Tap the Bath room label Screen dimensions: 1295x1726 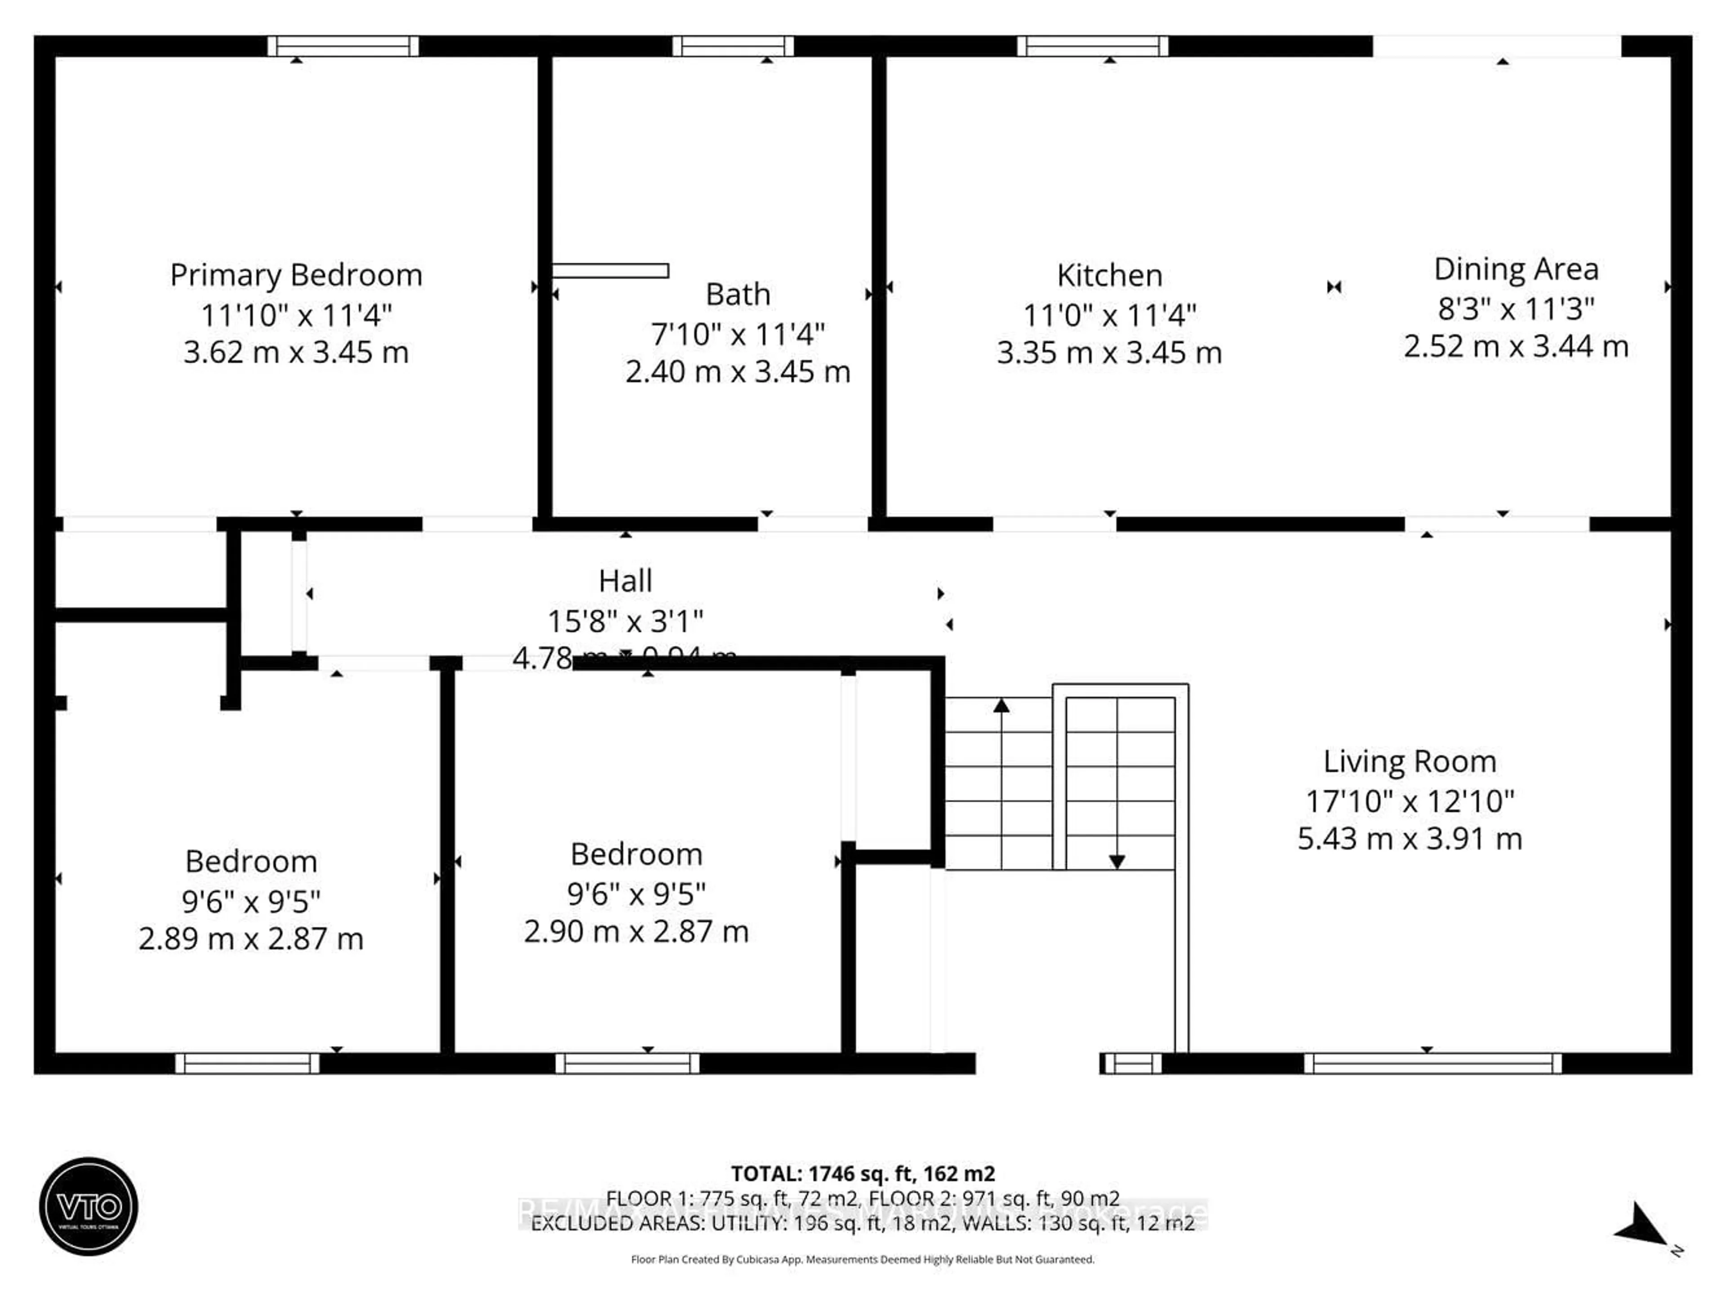(738, 295)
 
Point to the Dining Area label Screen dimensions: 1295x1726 (1515, 269)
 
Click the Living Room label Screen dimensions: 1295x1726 (1409, 761)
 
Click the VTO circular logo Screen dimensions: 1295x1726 (89, 1206)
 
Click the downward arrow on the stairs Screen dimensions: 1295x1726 (1117, 861)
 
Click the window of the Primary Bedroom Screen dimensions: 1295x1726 (343, 46)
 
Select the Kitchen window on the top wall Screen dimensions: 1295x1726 (1092, 46)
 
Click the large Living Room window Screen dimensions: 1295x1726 (1432, 1064)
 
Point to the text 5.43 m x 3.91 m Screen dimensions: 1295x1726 (1409, 839)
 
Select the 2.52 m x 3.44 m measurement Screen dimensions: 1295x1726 (1515, 347)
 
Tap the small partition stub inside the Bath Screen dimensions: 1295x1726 (610, 271)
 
